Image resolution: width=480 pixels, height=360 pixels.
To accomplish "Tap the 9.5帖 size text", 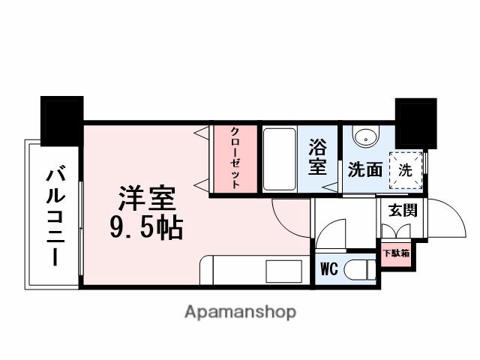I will [x=146, y=228].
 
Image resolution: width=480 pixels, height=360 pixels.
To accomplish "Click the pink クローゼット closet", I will [x=233, y=159].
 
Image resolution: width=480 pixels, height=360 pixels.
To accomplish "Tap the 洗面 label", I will [x=364, y=169].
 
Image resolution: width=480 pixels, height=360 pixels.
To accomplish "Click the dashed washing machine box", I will [x=405, y=169].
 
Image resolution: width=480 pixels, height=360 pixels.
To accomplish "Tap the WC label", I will [x=328, y=268].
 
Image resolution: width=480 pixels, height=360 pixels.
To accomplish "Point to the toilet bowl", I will [x=361, y=268].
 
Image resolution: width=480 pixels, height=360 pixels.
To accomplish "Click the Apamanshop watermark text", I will [x=240, y=311].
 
